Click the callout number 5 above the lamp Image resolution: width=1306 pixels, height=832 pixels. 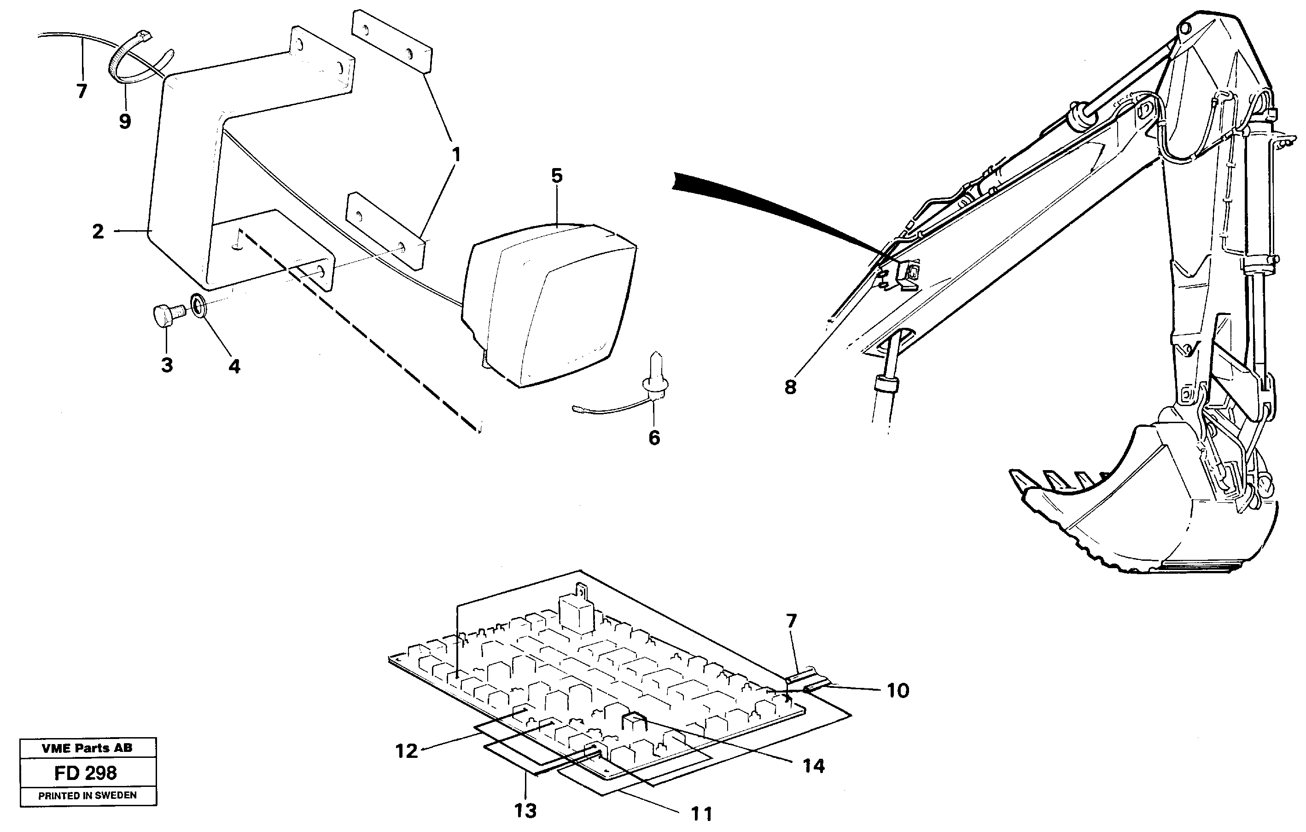click(x=557, y=176)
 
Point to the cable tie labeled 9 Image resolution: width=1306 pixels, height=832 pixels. click(x=129, y=60)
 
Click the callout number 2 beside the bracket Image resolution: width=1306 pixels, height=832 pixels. click(x=98, y=232)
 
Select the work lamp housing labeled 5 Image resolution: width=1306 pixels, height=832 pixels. click(x=548, y=304)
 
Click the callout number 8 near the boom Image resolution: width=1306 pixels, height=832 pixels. click(x=790, y=387)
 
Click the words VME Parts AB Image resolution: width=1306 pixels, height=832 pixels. click(x=87, y=748)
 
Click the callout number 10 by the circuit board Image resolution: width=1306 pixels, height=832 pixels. click(x=898, y=691)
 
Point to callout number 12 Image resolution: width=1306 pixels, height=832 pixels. click(x=407, y=751)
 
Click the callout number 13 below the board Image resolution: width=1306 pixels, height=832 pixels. click(x=525, y=811)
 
